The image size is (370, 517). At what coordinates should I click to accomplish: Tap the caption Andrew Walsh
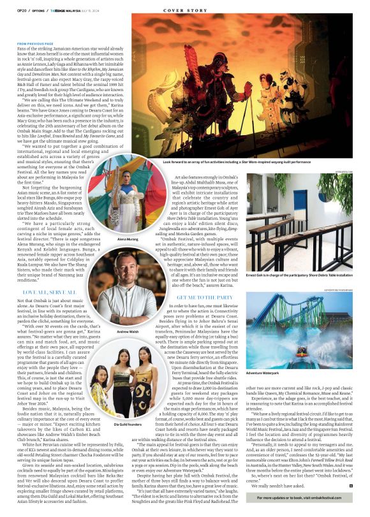coord(127,331)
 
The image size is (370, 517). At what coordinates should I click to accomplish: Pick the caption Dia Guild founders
coord(126,405)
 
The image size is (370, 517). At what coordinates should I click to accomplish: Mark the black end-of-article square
coord(350,485)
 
